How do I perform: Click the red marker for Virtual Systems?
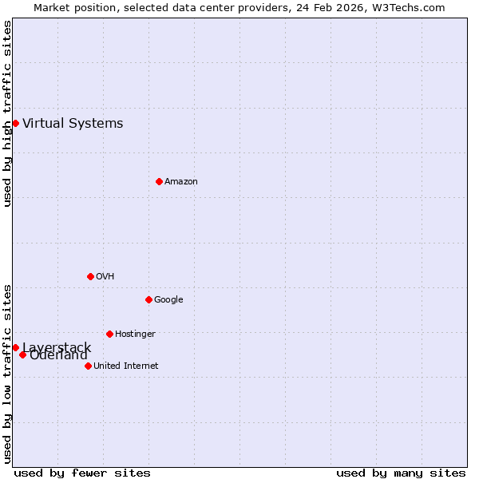(x=15, y=123)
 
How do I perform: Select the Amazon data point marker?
(x=159, y=181)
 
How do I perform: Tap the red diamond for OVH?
(x=90, y=276)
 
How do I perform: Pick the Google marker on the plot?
(x=148, y=299)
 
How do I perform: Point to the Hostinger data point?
(x=109, y=334)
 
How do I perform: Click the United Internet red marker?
(x=88, y=366)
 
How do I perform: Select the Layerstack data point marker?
(x=15, y=347)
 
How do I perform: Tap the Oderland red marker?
(x=22, y=354)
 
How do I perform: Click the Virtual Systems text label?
(x=73, y=123)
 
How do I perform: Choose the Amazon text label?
(x=181, y=181)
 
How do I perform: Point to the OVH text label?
(x=105, y=276)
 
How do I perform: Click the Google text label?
(x=168, y=299)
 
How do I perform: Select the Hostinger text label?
(x=135, y=334)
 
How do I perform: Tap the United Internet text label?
(x=125, y=366)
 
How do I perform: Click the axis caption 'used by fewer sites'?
(x=82, y=473)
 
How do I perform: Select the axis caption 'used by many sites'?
(x=401, y=473)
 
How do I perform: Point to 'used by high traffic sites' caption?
(x=7, y=113)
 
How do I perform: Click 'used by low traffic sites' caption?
(x=7, y=373)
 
